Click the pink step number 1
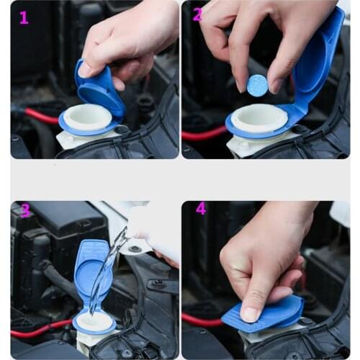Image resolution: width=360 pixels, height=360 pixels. [24, 17]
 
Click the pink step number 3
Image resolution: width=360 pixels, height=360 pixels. [25, 211]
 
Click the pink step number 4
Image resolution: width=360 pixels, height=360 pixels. [201, 209]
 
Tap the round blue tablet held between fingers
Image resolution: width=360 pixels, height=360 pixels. [257, 85]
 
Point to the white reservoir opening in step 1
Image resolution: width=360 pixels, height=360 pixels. [88, 116]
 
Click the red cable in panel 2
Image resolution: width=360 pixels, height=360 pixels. [203, 134]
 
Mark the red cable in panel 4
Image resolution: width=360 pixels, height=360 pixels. [201, 320]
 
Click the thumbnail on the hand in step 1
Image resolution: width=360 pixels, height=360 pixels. [85, 70]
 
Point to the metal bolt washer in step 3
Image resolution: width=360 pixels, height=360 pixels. [135, 249]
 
